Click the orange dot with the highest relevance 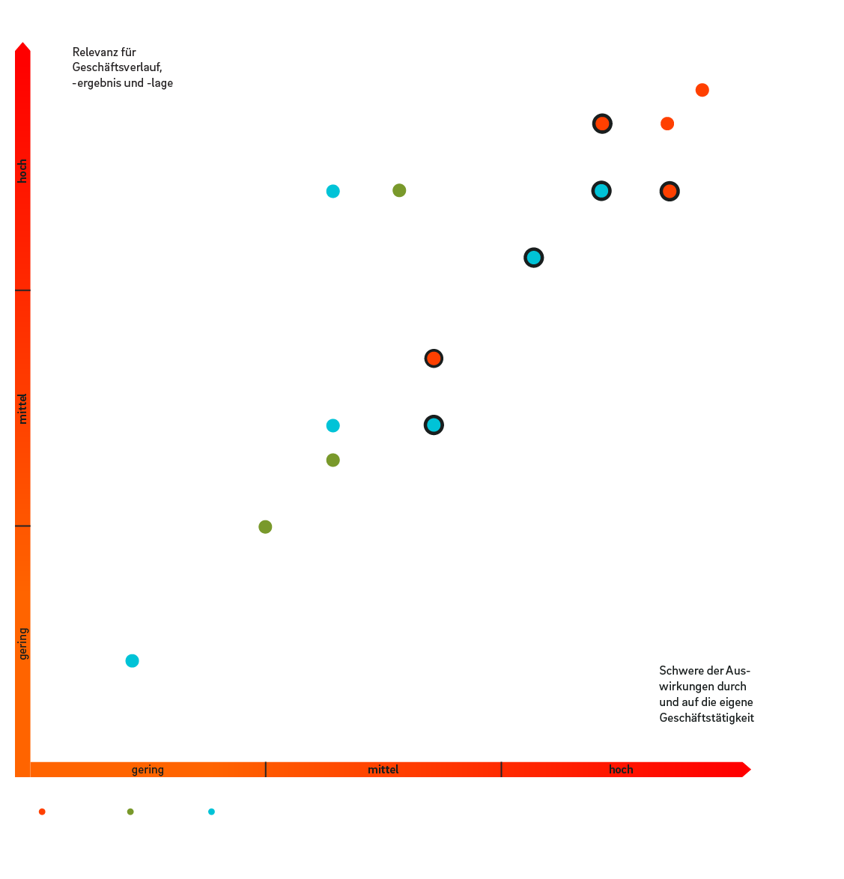coord(702,91)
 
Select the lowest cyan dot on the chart coord(133,661)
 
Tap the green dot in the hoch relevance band coord(399,191)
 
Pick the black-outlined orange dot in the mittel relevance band coord(434,358)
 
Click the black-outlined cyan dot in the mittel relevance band coord(434,425)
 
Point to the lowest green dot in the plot coord(265,527)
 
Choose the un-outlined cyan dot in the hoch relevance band coord(333,192)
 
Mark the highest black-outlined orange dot coord(602,124)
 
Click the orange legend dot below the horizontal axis coord(42,812)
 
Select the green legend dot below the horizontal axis coord(130,812)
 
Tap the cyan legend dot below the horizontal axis coord(211,812)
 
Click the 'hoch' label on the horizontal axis coord(621,770)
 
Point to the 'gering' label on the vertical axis coord(23,644)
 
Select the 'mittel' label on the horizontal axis coord(383,770)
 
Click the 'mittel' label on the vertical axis coord(23,409)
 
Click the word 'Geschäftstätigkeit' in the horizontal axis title coord(707,718)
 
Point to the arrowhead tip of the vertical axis coord(22,42)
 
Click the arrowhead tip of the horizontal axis coord(751,770)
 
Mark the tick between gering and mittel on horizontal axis coord(266,770)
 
